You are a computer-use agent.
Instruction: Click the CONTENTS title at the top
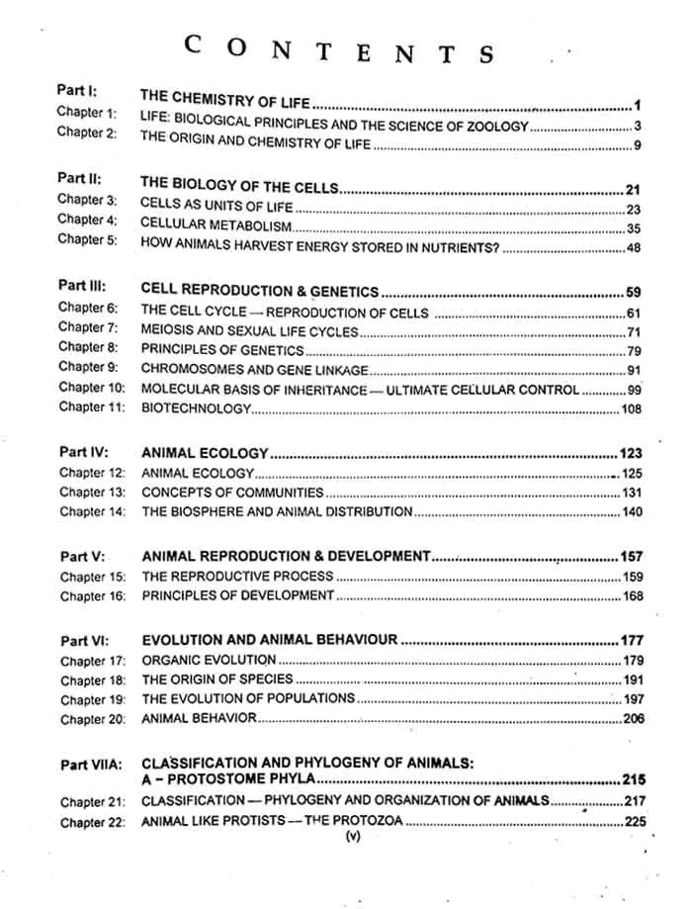(339, 48)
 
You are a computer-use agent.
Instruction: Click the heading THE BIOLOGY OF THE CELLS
(240, 186)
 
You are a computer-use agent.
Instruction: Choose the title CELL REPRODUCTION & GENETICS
(260, 291)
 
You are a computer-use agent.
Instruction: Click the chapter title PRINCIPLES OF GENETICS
(222, 350)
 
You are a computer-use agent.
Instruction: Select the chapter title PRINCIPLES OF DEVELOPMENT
(238, 595)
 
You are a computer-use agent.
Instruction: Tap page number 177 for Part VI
(631, 641)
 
